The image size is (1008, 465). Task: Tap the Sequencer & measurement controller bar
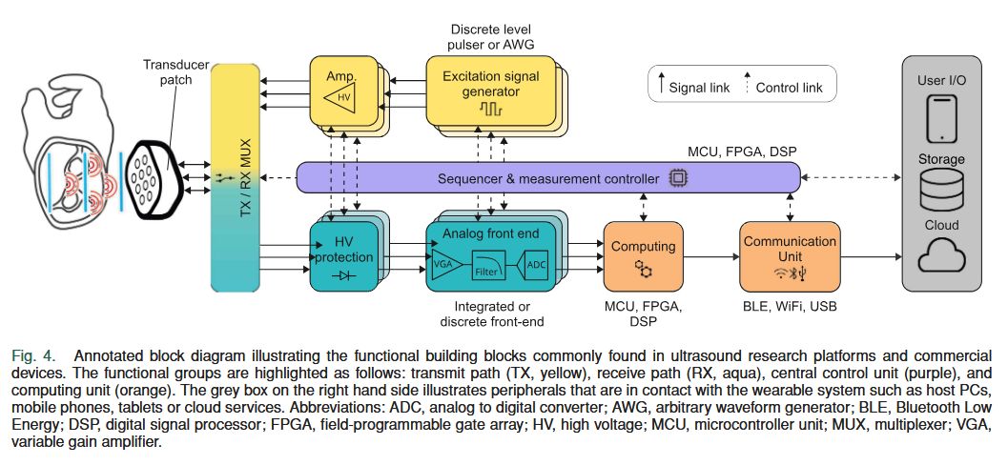click(548, 178)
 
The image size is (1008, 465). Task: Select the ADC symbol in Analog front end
click(536, 264)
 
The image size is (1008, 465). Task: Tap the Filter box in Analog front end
click(492, 267)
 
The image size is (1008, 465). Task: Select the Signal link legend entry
click(692, 88)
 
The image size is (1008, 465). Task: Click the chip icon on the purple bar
click(678, 178)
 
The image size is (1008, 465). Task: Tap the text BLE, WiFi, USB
click(789, 307)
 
